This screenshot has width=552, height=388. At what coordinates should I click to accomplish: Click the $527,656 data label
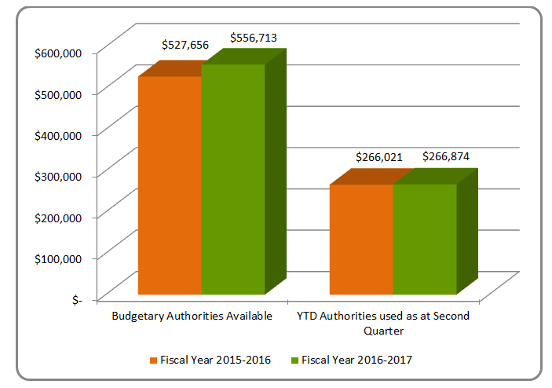[185, 45]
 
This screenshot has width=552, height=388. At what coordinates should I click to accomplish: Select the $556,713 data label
[253, 37]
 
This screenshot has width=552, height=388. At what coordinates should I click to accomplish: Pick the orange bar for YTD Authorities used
[361, 240]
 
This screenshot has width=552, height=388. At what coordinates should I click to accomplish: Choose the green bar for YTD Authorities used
[425, 239]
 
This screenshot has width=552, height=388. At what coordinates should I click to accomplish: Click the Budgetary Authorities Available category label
[192, 316]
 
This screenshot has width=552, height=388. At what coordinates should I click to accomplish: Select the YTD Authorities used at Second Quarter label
[382, 323]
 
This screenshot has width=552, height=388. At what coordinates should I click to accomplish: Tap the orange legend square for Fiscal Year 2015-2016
[153, 361]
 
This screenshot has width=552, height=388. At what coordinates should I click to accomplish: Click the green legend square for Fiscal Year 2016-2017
[294, 361]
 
